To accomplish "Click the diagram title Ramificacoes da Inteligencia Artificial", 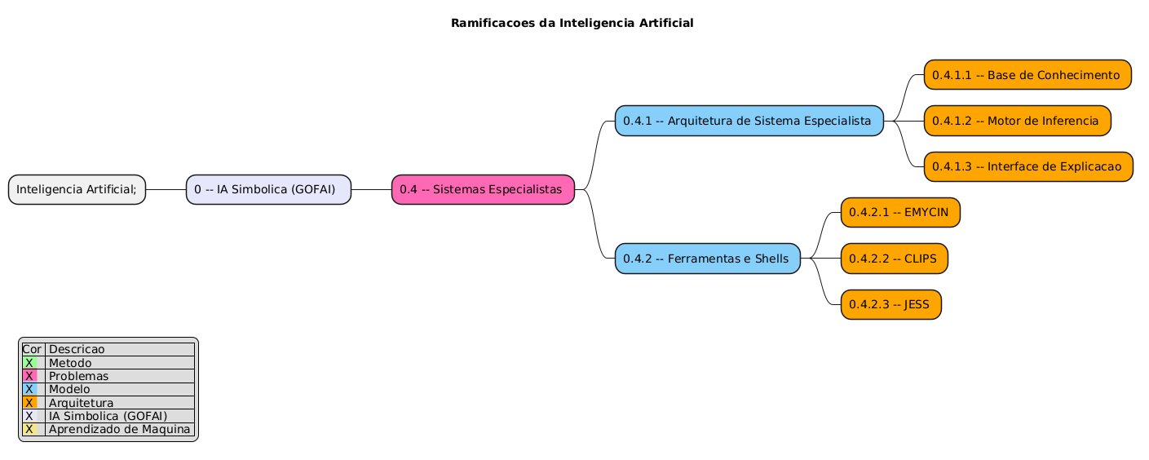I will pos(572,23).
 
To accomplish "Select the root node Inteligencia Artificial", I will pos(77,189).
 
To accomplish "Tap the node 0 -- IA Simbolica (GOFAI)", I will pos(268,189).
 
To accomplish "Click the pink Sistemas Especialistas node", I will pos(483,189).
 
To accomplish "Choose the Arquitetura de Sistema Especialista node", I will pos(749,121).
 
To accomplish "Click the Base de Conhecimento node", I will pos(1027,75).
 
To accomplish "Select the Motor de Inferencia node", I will pos(1017,121).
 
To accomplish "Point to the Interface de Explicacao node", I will pos(1027,166).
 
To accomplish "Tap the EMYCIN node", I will pos(900,212).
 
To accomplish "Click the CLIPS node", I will pos(894,259).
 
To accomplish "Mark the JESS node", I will pos(890,304).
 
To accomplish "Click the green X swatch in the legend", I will pos(29,363).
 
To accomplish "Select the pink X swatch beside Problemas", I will pos(29,376).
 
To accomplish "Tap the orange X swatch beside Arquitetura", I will pos(29,403).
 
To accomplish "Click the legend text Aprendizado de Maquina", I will pos(119,429).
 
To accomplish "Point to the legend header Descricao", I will pos(77,350).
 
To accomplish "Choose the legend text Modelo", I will pos(69,389).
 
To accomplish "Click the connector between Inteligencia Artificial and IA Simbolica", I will pos(166,189).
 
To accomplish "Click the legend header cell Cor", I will pos(32,350).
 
